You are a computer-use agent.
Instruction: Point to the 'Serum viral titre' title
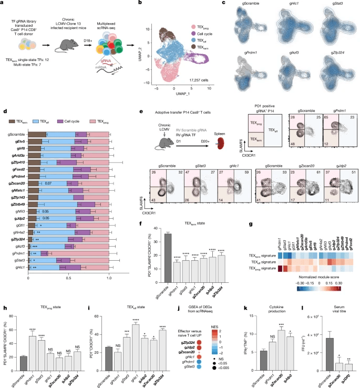pos(335,292)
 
